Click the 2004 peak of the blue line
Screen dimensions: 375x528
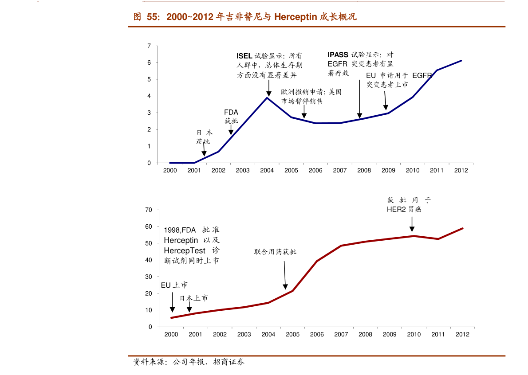(x=267, y=98)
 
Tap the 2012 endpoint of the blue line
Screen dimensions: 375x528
(x=461, y=61)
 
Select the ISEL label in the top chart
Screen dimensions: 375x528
(x=244, y=56)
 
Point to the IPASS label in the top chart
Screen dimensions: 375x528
(x=338, y=55)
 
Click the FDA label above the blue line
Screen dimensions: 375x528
(x=231, y=112)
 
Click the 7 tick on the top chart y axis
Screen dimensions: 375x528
(x=149, y=46)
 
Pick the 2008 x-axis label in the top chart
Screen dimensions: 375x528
(x=364, y=171)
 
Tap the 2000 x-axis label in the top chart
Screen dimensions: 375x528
(x=170, y=171)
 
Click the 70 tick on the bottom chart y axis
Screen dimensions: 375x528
(x=149, y=210)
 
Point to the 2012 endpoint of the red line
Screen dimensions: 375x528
(x=463, y=228)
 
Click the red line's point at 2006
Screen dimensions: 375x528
(x=317, y=261)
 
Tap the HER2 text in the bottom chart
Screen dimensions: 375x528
(x=396, y=210)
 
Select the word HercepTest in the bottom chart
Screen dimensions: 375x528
(x=185, y=251)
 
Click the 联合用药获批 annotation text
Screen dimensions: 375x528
(x=275, y=252)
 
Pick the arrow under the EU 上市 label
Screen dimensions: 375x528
(x=172, y=302)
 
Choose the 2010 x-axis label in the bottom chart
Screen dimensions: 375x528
(x=414, y=335)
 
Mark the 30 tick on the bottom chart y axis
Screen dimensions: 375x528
(x=149, y=277)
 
